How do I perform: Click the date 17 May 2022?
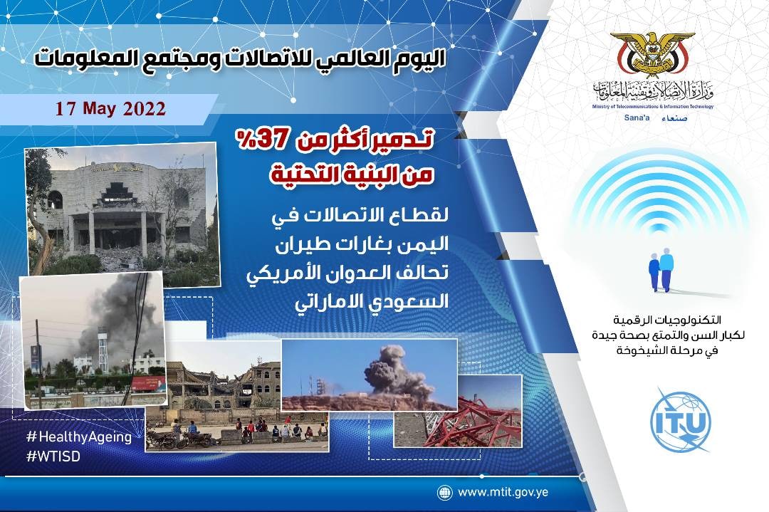(x=110, y=108)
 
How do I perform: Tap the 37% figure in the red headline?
(x=261, y=140)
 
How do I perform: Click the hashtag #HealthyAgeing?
(x=79, y=437)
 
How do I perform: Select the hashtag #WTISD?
(x=53, y=456)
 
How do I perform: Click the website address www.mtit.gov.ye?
(x=503, y=492)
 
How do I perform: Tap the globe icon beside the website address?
(x=444, y=492)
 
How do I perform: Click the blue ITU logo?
(x=680, y=420)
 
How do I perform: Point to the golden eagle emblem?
(x=653, y=54)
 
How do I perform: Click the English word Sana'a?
(x=637, y=117)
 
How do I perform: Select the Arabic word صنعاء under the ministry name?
(x=674, y=118)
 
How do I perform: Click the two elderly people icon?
(x=661, y=270)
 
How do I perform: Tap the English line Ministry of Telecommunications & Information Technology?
(x=653, y=106)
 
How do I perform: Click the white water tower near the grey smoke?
(x=103, y=349)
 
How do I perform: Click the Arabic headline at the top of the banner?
(x=240, y=58)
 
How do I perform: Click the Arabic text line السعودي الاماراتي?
(x=371, y=301)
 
